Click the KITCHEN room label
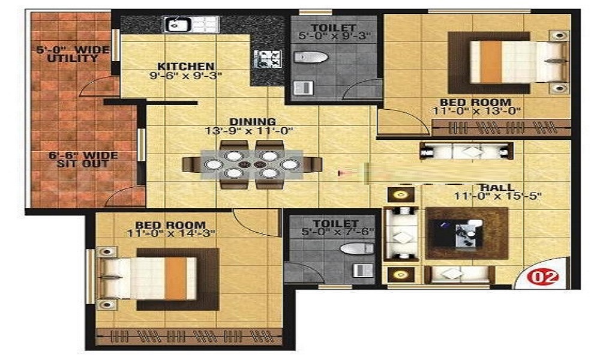click(185, 66)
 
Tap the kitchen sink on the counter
click(178, 25)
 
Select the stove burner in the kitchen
click(267, 59)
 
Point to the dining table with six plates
click(252, 164)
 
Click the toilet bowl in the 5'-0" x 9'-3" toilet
click(312, 58)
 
